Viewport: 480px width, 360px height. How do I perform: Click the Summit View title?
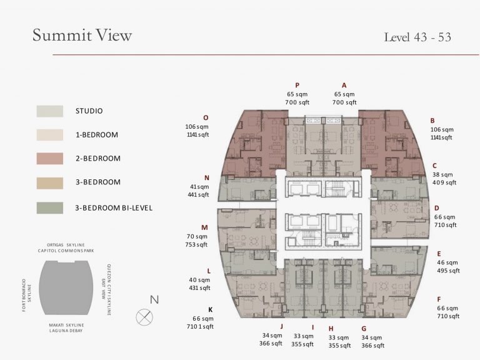click(82, 35)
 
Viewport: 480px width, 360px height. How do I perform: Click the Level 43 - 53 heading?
click(417, 37)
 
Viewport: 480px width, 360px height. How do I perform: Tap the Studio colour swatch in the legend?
click(50, 111)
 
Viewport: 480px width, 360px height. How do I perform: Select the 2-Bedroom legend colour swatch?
click(50, 159)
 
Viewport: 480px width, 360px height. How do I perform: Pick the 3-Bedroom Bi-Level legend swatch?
click(50, 208)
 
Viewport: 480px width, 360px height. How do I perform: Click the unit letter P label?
click(297, 86)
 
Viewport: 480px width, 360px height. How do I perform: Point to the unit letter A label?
click(344, 86)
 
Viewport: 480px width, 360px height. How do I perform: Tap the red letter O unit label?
click(206, 118)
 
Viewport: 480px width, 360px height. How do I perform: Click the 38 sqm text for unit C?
click(442, 175)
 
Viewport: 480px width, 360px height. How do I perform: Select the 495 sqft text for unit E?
click(449, 271)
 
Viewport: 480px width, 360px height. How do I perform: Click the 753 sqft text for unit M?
click(196, 244)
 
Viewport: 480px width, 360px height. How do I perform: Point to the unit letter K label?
click(210, 310)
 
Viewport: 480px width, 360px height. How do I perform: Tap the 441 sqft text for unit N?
click(198, 195)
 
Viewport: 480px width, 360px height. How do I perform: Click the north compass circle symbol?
click(144, 317)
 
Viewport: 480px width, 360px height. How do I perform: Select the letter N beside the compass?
click(154, 299)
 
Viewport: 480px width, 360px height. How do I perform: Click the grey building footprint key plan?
click(66, 287)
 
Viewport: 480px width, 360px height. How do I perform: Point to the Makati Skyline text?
click(66, 325)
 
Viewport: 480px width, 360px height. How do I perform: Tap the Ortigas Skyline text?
click(66, 245)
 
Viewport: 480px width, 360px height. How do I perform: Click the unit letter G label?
click(364, 329)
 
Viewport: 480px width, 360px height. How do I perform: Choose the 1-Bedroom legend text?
click(97, 135)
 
